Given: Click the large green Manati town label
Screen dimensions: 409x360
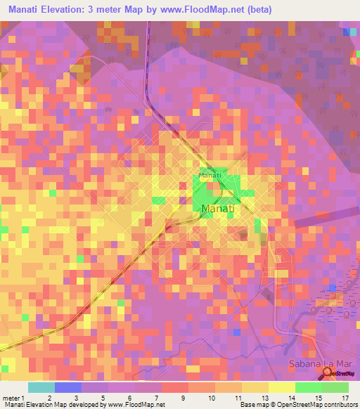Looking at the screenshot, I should (217, 209).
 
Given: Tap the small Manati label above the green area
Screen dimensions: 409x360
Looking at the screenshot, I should (210, 174).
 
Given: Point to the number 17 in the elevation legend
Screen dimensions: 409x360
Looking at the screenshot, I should (345, 397).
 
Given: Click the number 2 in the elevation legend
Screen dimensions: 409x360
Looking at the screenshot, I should (49, 397).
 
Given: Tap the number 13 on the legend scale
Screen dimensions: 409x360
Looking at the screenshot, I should (263, 397).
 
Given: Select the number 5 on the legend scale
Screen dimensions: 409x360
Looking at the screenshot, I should (102, 397).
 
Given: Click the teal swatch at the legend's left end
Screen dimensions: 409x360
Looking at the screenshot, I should (41, 387).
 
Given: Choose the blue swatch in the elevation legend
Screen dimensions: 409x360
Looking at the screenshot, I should (68, 387).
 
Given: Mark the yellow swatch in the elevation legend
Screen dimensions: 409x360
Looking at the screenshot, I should (281, 387).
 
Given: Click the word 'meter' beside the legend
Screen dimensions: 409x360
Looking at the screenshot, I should (11, 397).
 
